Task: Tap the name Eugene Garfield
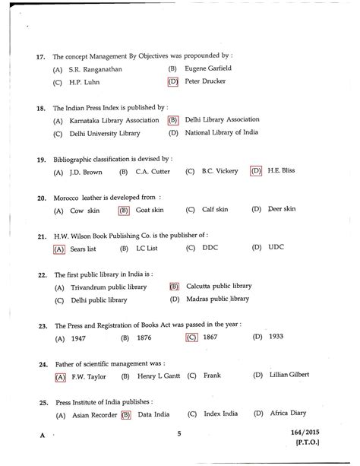click(210, 68)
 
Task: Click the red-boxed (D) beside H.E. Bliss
click(256, 171)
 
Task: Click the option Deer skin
click(286, 209)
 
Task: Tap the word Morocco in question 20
click(68, 197)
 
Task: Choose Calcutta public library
click(219, 287)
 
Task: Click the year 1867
click(216, 337)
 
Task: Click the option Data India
click(154, 414)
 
